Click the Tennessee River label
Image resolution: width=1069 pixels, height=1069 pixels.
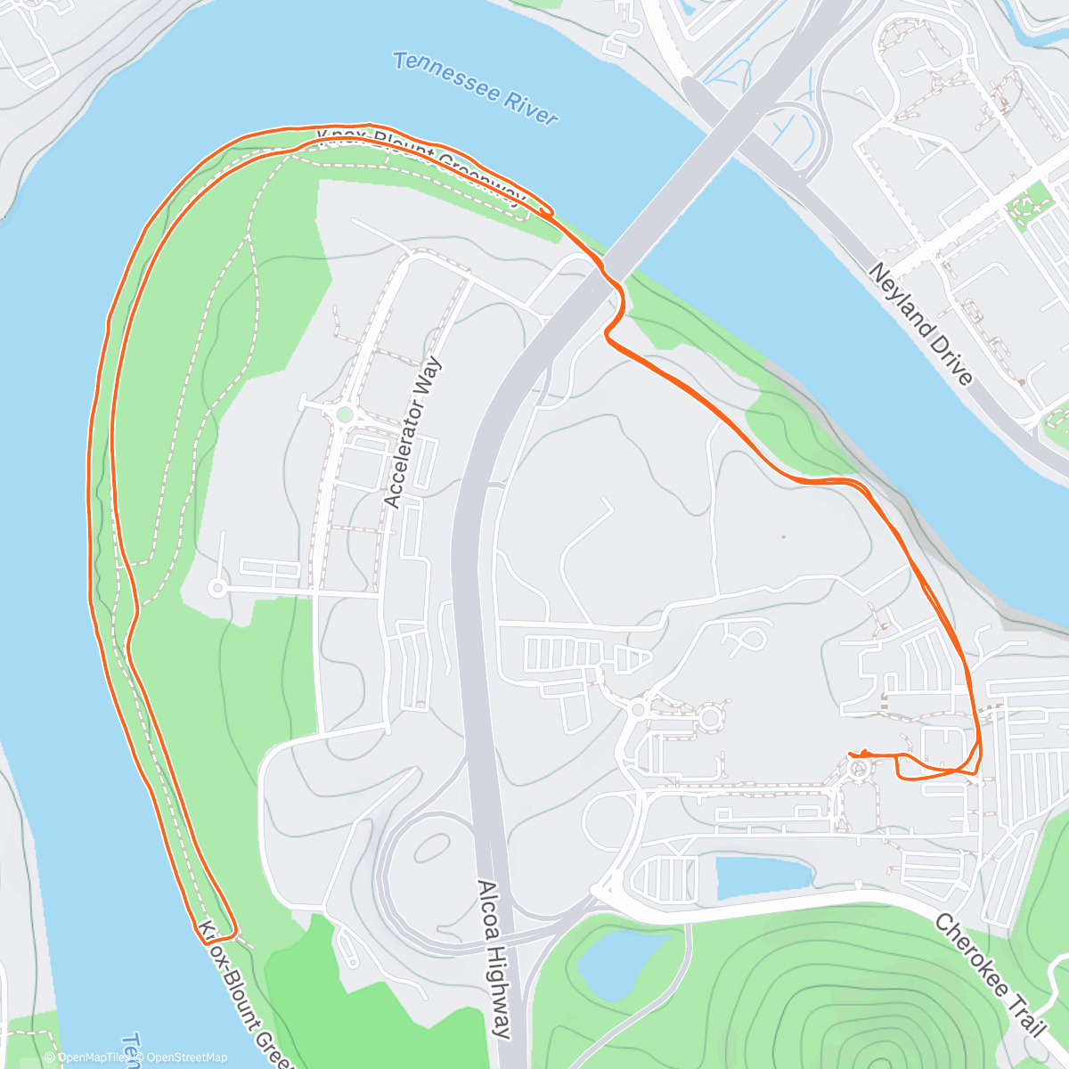click(x=476, y=89)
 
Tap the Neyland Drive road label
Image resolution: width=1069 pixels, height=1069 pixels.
click(x=920, y=323)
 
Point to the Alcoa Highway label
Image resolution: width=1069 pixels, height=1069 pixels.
click(x=494, y=959)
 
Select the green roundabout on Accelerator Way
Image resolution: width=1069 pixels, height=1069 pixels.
click(x=345, y=414)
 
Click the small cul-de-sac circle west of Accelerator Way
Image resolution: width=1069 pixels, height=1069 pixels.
click(x=216, y=587)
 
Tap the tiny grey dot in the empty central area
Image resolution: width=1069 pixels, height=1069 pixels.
click(x=783, y=536)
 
